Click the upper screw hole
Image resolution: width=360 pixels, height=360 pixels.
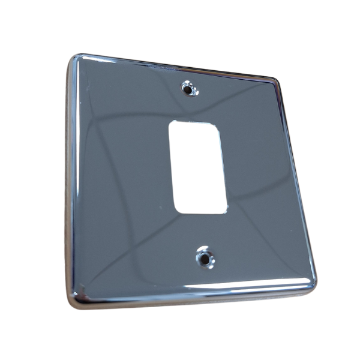pos(190,89)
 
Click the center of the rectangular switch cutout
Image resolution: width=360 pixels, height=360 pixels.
pos(199,167)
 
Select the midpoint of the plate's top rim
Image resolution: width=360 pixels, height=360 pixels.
pos(177,67)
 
